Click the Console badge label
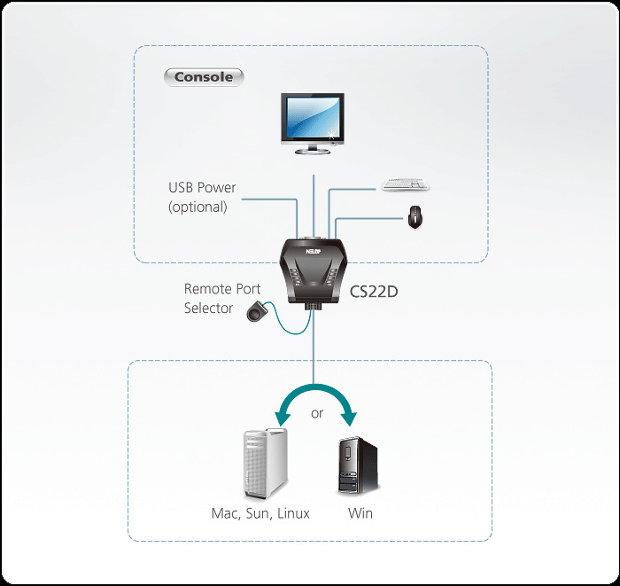coord(204,77)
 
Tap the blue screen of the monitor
coord(314,116)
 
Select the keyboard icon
coord(405,185)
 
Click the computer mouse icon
coord(415,217)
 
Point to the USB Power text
coord(203,188)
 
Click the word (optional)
coord(198,207)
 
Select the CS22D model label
coord(374,290)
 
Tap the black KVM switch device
coord(313,270)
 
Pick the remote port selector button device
coord(258,310)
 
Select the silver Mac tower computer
coord(265,462)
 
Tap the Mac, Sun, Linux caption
coord(260,513)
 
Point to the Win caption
coord(360,513)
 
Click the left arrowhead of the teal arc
coord(282,418)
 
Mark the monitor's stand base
coord(314,152)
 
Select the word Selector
coord(209,309)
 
